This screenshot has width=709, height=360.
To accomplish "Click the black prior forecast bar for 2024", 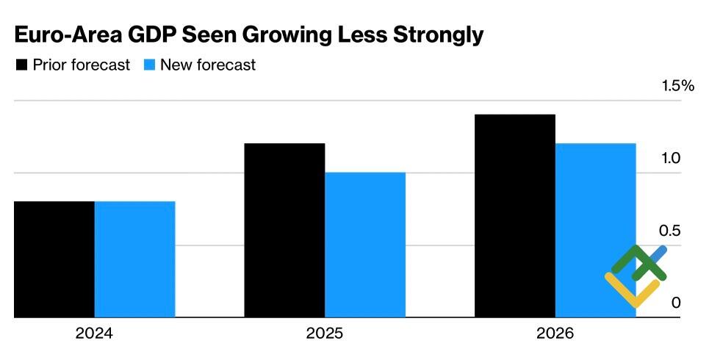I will (54, 259).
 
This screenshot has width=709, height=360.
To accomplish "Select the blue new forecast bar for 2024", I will (134, 259).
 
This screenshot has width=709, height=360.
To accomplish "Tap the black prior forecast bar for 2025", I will (284, 230).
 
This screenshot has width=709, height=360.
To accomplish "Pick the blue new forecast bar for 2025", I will (365, 245).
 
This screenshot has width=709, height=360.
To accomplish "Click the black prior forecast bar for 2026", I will (515, 216).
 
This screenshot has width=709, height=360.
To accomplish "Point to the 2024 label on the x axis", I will (94, 335).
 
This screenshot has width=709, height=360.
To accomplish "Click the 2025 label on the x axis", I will (325, 335).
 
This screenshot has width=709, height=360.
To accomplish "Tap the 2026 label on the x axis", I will (555, 335).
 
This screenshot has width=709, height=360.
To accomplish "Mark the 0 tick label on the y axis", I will (674, 303).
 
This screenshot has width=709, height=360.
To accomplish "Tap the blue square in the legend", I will (149, 65).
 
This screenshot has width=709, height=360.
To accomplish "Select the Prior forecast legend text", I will (81, 65).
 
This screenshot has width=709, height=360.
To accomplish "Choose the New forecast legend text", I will (208, 65).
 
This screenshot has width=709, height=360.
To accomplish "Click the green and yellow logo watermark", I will (635, 275).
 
